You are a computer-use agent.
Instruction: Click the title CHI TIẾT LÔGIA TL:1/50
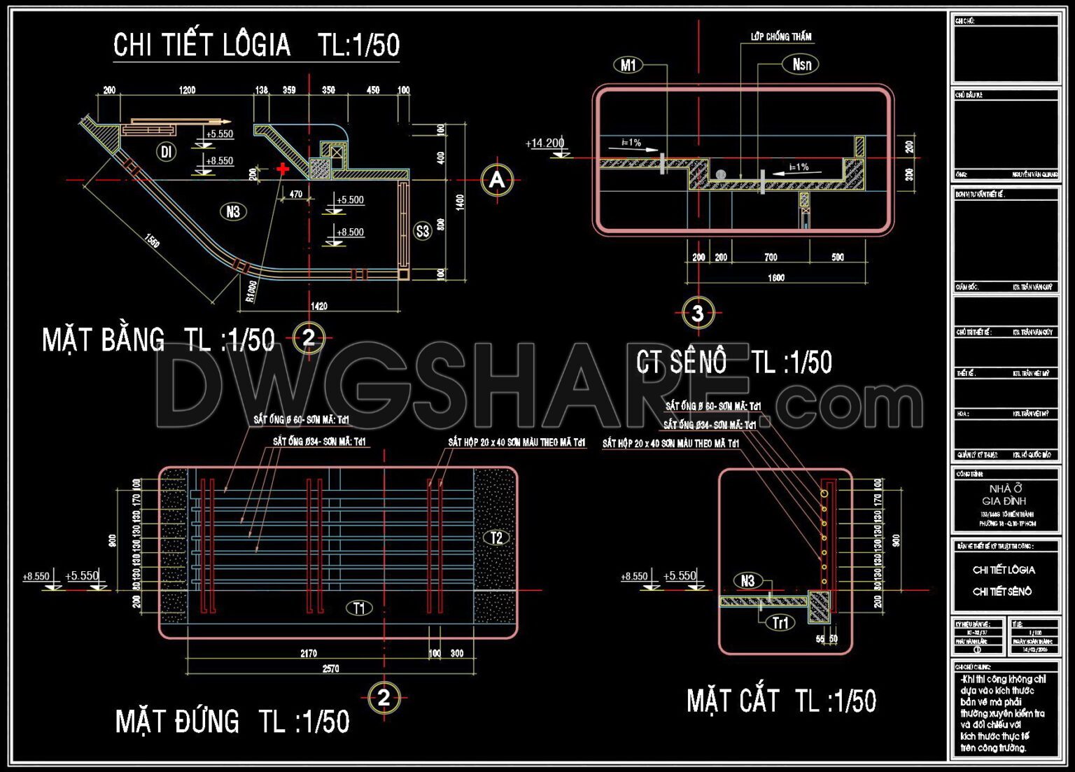(256, 45)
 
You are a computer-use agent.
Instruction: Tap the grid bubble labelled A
(497, 181)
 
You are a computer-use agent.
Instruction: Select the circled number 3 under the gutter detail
(697, 313)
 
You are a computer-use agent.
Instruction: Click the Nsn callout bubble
(801, 65)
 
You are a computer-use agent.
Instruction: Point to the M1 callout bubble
(628, 66)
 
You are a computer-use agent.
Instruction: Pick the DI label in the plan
(166, 152)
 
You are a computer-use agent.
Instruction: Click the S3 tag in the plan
(423, 231)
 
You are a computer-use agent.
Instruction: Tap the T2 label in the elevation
(496, 538)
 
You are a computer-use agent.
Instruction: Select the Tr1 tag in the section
(780, 623)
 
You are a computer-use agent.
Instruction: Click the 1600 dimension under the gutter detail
(775, 278)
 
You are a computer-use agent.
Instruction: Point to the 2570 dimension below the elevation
(330, 668)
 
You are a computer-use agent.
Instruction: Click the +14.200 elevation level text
(544, 143)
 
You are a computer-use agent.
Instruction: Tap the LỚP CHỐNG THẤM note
(781, 36)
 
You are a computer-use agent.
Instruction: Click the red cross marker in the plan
(283, 169)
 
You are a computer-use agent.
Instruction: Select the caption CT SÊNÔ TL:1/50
(733, 363)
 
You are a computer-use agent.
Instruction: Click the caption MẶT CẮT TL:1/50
(781, 701)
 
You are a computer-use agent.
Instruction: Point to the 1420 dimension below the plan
(318, 306)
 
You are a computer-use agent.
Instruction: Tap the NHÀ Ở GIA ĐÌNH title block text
(1004, 495)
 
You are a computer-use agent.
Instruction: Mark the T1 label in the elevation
(359, 608)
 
